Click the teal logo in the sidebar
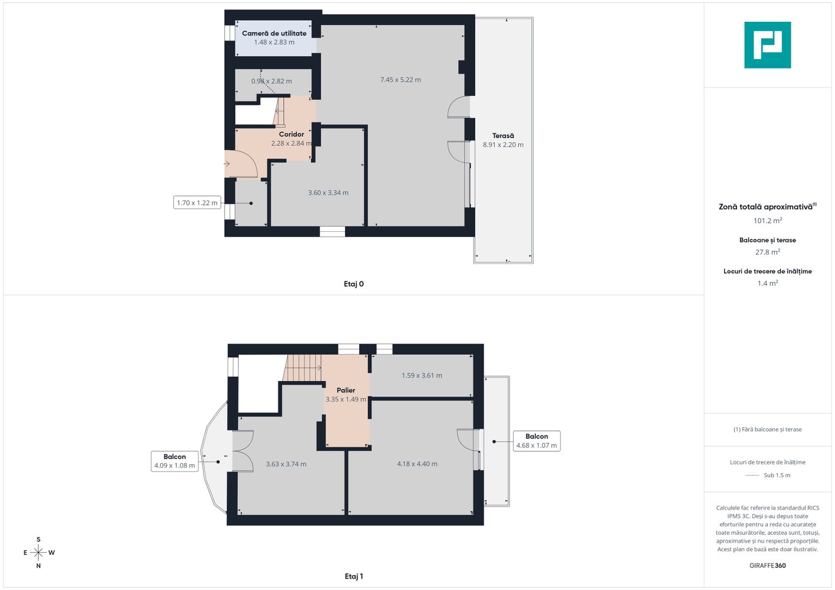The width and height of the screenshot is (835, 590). (x=767, y=45)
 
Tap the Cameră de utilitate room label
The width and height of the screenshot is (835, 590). (x=274, y=33)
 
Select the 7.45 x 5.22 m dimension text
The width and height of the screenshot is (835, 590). (x=400, y=80)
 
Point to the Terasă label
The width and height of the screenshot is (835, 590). (x=503, y=136)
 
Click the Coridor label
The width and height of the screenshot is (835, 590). (x=291, y=134)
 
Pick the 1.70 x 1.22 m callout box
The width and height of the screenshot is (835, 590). (x=197, y=203)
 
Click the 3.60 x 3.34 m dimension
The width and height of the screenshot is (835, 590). (x=328, y=193)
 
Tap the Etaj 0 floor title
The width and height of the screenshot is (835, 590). (x=354, y=284)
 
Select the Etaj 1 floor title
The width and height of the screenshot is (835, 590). (x=354, y=576)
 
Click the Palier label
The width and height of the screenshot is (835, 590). (x=346, y=390)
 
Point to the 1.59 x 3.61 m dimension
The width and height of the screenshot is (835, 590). (x=422, y=375)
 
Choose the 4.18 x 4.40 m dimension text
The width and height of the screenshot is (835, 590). (x=417, y=464)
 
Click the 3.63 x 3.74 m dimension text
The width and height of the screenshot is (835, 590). (x=286, y=464)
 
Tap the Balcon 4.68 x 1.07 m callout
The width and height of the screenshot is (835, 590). (x=536, y=441)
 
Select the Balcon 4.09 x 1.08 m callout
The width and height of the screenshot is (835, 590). (x=174, y=461)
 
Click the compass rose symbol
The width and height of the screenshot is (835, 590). (x=38, y=553)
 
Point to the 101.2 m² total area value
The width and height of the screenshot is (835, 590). (x=767, y=221)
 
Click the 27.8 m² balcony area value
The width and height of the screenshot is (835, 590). (x=767, y=252)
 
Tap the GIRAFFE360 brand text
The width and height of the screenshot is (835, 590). (x=767, y=565)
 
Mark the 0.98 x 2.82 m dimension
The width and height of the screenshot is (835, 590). (x=272, y=81)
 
